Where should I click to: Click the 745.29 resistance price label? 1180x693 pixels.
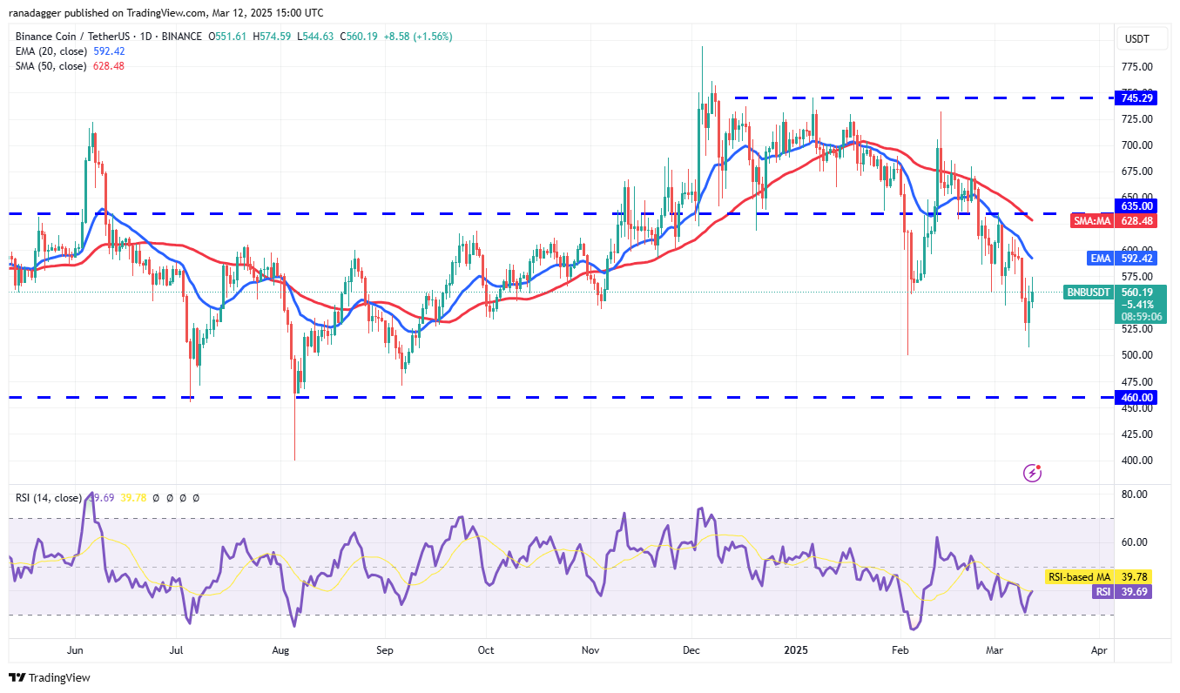tap(1137, 98)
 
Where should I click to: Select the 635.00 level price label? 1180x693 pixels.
tap(1137, 206)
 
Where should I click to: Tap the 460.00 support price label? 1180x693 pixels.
tap(1137, 397)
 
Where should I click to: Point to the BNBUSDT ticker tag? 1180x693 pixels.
tap(1089, 293)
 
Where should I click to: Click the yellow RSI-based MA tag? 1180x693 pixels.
tap(1077, 577)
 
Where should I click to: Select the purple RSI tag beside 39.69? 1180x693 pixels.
tap(1102, 591)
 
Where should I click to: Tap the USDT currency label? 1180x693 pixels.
tap(1137, 39)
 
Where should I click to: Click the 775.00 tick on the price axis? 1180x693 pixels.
tap(1137, 67)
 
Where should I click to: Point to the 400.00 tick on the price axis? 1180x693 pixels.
tap(1137, 461)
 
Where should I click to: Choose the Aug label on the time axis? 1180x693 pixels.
tap(280, 650)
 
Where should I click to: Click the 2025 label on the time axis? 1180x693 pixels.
tap(796, 650)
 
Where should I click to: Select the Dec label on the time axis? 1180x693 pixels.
tap(692, 650)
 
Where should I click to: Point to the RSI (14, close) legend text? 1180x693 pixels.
tap(48, 498)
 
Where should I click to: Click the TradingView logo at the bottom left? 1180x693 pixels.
tap(50, 677)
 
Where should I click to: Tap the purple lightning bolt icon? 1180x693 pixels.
tap(1033, 473)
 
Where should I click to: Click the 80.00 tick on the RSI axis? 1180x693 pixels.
tap(1135, 495)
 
